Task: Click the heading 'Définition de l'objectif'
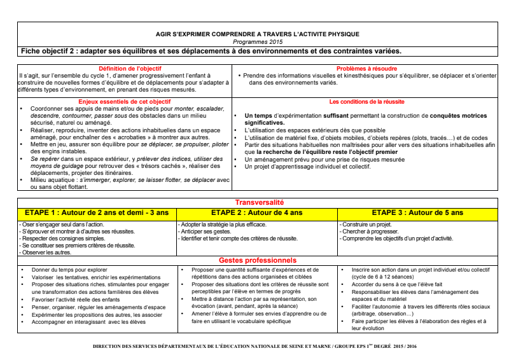pyautogui.click(x=130, y=69)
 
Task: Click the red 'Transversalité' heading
pyautogui.click(x=260, y=202)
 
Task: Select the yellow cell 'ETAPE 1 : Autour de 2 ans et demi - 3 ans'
pyautogui.click(x=97, y=212)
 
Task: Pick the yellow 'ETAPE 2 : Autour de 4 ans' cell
pyautogui.click(x=257, y=212)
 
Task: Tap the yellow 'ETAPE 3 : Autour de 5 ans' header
pyautogui.click(x=417, y=212)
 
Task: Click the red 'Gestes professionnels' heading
pyautogui.click(x=258, y=260)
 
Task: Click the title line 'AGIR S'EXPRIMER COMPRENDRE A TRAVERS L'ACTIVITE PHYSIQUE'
pyautogui.click(x=258, y=34)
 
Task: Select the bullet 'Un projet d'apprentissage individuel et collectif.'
pyautogui.click(x=299, y=166)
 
